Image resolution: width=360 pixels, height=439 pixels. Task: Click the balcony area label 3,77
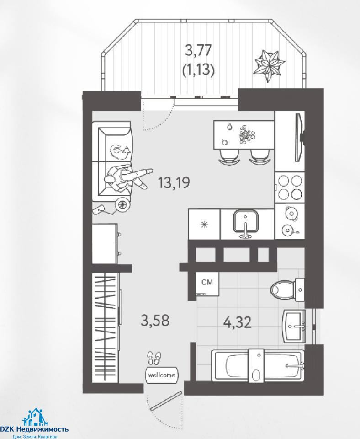click(198, 51)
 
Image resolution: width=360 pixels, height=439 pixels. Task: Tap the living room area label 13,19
click(174, 182)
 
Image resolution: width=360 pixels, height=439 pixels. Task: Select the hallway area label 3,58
click(155, 320)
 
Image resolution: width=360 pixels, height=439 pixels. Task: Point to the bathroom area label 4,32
click(238, 322)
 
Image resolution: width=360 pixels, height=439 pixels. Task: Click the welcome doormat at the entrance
click(162, 375)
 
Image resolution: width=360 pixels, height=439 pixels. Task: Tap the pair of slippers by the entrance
click(154, 358)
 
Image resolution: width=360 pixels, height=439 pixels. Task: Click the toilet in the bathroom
click(287, 289)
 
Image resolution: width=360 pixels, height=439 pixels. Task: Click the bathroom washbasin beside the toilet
click(294, 326)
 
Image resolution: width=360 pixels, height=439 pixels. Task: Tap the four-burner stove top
click(290, 187)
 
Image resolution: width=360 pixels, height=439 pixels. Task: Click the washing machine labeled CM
click(207, 284)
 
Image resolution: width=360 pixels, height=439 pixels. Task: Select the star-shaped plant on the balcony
click(269, 65)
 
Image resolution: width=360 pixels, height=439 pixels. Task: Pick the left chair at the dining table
click(229, 156)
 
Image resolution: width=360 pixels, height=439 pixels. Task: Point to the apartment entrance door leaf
click(166, 401)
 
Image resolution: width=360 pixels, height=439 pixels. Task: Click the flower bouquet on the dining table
click(247, 134)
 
